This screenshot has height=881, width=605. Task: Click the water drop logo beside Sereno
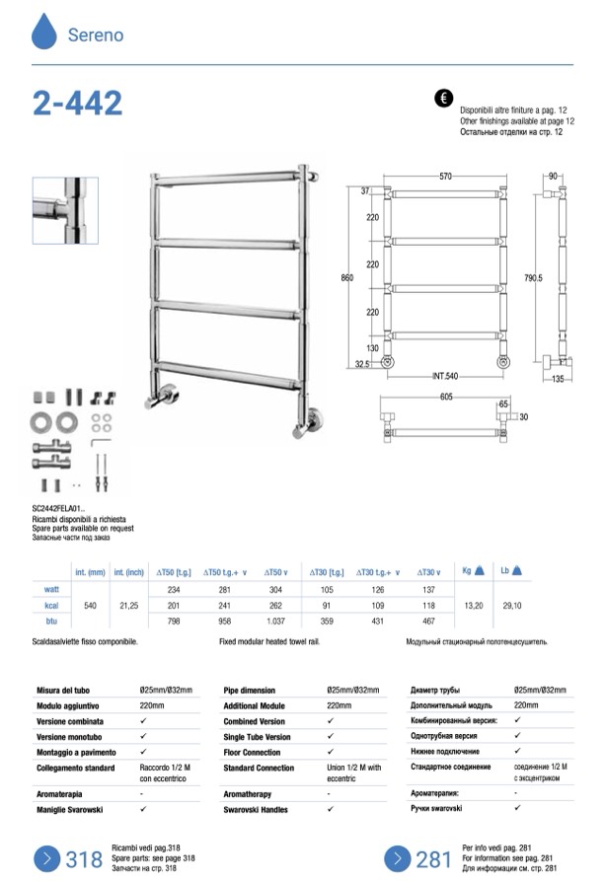click(x=44, y=32)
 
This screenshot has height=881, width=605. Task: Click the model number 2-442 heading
click(x=78, y=104)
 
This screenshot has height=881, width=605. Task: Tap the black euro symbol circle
click(x=443, y=99)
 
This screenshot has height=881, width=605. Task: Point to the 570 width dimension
click(x=446, y=177)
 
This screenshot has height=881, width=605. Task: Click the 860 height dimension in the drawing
click(x=347, y=278)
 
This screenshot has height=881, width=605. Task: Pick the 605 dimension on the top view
click(x=446, y=396)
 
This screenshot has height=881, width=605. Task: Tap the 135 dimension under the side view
click(x=558, y=377)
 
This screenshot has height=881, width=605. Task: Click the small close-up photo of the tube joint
click(x=65, y=211)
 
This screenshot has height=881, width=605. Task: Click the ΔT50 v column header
click(x=275, y=572)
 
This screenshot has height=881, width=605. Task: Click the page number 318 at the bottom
click(x=84, y=859)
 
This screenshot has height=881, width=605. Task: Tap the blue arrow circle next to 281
click(x=398, y=858)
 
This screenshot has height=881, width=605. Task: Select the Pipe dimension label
click(x=251, y=691)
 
